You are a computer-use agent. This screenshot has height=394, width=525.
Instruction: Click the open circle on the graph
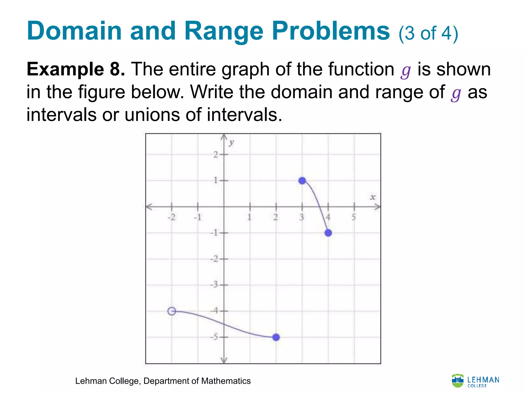pos(172,311)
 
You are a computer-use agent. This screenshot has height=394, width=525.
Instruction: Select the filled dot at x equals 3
pos(302,181)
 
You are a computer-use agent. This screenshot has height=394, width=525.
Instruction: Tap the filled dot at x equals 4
pos(328,233)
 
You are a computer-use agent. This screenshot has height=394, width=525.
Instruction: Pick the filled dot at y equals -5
pos(276,337)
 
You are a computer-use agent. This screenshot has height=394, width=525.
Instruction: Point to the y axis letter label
pos(231,143)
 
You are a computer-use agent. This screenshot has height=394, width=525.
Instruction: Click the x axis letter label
pos(372,197)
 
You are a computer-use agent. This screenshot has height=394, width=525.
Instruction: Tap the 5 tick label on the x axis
pos(354,217)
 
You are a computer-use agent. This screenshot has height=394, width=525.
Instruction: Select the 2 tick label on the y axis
pos(216,154)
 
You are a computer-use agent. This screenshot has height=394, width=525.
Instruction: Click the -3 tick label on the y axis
pos(214,284)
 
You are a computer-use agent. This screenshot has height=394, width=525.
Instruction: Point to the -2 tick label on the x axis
pos(171,218)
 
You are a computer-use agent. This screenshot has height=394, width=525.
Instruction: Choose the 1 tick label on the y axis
pos(216,180)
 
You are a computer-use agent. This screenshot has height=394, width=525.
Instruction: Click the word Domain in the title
pos(74,31)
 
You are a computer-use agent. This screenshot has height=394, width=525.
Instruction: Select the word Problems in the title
pos(331,31)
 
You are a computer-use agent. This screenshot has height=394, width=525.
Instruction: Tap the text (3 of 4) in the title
pos(428,33)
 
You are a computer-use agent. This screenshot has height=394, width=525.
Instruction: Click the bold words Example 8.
pos(76,69)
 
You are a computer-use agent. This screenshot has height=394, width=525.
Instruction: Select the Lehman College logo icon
pos(458,380)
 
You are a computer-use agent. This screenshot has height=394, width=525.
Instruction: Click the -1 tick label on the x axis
pos(198,218)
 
